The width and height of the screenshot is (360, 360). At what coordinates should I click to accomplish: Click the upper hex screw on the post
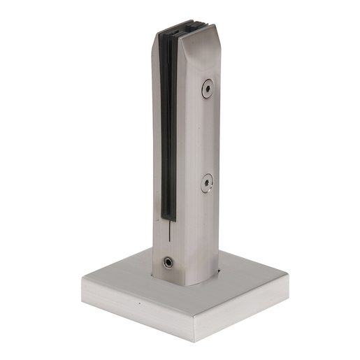(208, 88)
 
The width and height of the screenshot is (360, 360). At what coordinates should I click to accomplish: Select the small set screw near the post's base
(168, 262)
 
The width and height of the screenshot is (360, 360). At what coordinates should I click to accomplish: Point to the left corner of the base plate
(82, 278)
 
